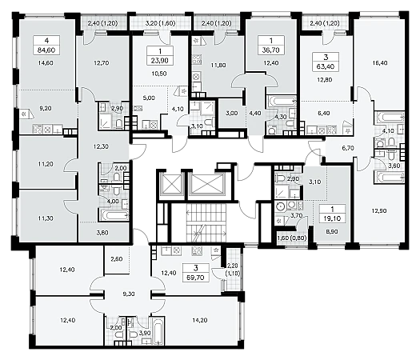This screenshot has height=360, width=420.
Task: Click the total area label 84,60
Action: [47, 50]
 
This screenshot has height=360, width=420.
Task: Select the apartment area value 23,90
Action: [160, 61]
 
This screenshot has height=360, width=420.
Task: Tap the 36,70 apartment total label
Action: [271, 50]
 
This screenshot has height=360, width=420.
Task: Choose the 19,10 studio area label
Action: [333, 218]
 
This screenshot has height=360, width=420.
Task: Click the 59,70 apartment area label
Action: [196, 278]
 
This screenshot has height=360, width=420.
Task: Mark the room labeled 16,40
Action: [380, 63]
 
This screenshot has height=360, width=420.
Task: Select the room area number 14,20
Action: [200, 320]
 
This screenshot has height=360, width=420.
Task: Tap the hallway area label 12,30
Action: [101, 146]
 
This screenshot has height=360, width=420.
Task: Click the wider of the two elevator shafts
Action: [207, 184]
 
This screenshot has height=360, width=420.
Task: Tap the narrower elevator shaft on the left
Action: [170, 184]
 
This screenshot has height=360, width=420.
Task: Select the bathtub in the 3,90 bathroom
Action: [158, 331]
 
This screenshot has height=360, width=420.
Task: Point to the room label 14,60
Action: [46, 63]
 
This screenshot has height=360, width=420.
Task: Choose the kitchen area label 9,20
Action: [46, 109]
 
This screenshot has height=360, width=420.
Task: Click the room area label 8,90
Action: [331, 231]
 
